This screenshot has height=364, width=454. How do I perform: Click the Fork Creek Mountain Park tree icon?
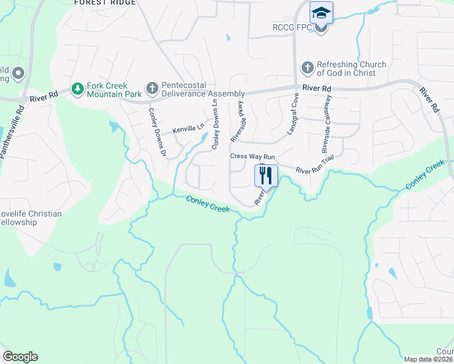tap(78, 90)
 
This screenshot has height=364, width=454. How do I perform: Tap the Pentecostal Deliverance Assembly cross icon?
tap(152, 89)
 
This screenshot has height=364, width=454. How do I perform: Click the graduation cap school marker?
tap(321, 13)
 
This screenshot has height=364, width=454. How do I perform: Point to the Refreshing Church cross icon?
tap(308, 68)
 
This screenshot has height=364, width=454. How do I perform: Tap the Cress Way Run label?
tap(252, 157)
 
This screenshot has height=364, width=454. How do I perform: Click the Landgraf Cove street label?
tap(294, 113)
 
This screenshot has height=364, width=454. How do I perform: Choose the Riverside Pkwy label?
tap(237, 122)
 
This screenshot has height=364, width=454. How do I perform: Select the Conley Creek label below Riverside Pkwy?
tap(208, 204)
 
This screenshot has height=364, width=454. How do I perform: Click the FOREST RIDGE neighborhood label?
tap(104, 3)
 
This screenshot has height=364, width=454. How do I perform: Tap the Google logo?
tap(20, 357)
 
